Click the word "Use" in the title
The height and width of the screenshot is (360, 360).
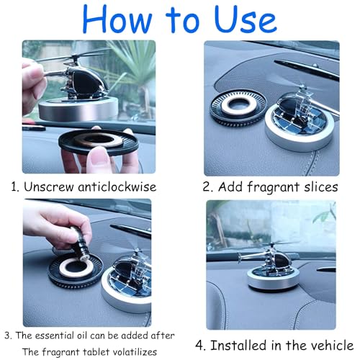[246, 19]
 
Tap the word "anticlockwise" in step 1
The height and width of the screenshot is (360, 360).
[117, 186]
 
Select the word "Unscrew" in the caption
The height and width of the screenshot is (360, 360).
[48, 186]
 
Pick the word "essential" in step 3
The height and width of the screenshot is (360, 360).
[53, 336]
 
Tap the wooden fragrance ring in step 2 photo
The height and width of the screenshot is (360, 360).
[235, 106]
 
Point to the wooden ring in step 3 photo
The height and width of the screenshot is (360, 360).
[76, 268]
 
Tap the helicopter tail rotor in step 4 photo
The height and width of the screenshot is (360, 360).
[240, 258]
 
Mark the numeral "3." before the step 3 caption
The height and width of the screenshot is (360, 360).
[8, 336]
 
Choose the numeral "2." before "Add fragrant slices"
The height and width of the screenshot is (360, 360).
[208, 186]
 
